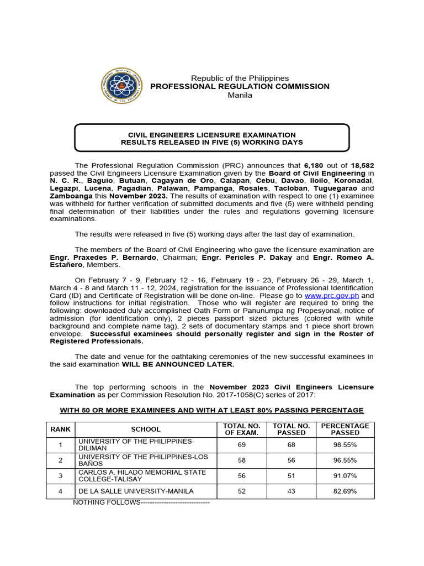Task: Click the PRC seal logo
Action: point(121,86)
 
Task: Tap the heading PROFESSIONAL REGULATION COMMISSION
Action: point(240,86)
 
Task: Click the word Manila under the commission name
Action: point(240,95)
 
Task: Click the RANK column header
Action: point(60,429)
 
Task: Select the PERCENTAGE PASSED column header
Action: point(344,429)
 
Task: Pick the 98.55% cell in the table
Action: point(344,444)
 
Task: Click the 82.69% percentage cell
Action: point(344,491)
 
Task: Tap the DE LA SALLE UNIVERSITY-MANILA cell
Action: point(136,491)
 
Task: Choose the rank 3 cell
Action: point(60,475)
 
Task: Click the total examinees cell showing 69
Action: point(241,444)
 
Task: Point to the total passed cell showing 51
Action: point(291,475)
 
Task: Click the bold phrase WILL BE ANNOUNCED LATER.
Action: point(178,364)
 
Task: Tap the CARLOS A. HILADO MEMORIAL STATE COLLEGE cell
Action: point(142,475)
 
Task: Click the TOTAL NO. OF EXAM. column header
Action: point(241,429)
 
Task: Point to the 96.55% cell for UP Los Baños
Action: point(344,460)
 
